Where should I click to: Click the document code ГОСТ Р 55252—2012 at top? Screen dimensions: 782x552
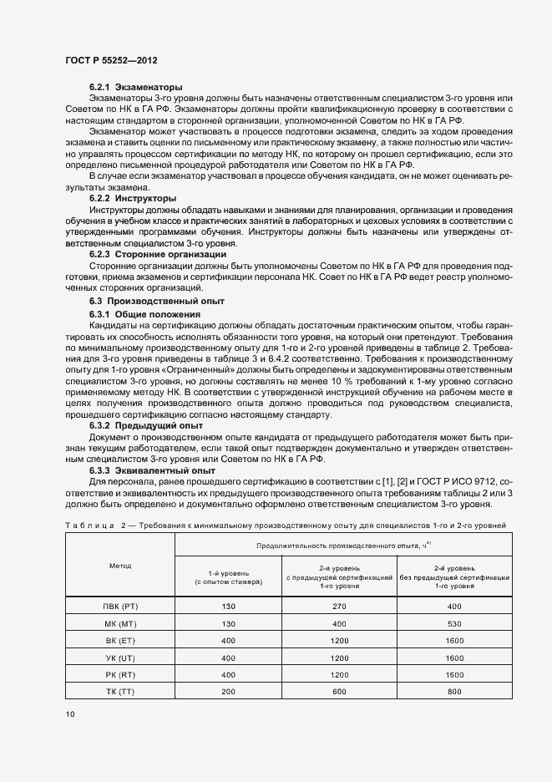(x=111, y=61)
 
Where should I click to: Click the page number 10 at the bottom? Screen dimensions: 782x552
(x=69, y=714)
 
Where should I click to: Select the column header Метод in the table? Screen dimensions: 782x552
(x=119, y=566)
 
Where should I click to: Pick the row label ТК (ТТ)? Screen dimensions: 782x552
(x=119, y=693)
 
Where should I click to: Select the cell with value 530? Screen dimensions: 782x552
(x=454, y=623)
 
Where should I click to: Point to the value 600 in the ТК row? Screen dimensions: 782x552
(x=340, y=693)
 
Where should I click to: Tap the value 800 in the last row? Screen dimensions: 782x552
(x=454, y=693)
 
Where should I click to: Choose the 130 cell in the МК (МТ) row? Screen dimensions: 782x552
(x=228, y=623)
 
